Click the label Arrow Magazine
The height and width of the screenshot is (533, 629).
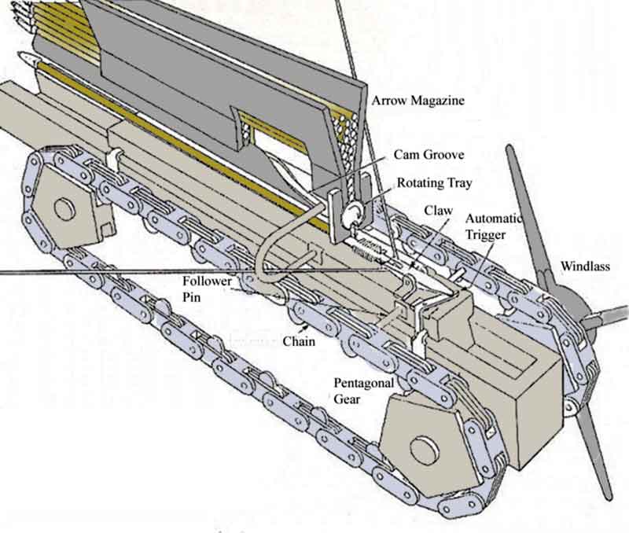click(418, 100)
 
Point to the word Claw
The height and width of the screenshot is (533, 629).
click(436, 211)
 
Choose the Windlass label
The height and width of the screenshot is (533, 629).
click(584, 266)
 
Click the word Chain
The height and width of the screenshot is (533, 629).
click(299, 340)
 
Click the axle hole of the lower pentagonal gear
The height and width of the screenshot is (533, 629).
click(425, 450)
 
